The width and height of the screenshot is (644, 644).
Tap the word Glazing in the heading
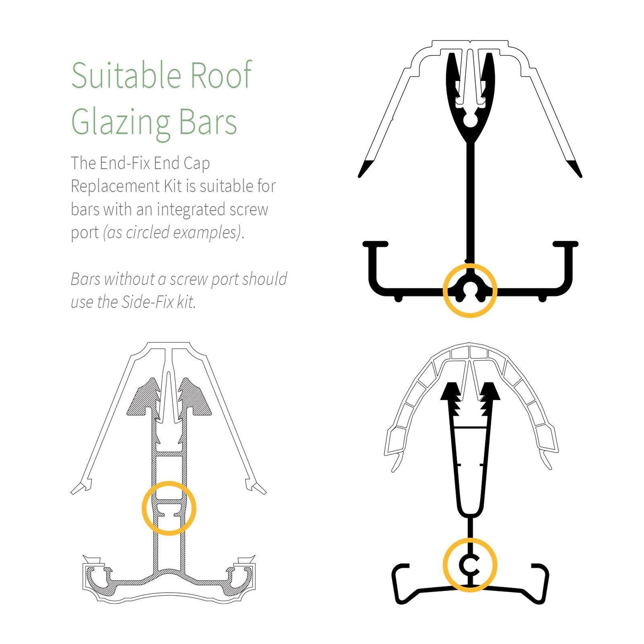click(121, 123)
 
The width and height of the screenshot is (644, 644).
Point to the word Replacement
click(115, 187)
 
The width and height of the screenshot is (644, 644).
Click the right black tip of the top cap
click(576, 169)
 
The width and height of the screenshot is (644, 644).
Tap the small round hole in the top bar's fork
click(471, 120)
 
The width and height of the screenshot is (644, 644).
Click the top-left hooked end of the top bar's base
click(375, 245)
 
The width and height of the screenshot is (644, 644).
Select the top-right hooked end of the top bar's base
click(565, 245)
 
